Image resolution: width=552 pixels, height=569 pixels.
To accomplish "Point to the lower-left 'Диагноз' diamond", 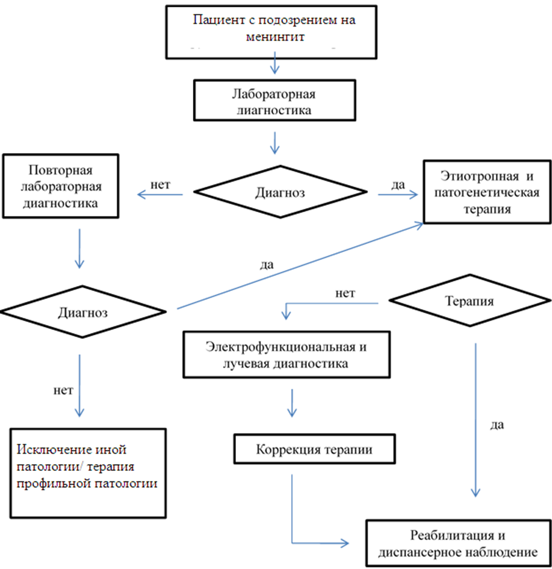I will tap(84, 312).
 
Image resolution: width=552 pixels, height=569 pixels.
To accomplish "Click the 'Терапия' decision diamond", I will tap(472, 302).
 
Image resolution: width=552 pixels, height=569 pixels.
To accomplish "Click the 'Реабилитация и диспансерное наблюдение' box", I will tap(458, 543).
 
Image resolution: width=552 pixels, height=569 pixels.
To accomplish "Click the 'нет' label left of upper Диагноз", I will tap(161, 184).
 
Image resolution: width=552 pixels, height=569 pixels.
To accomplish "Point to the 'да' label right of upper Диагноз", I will tap(398, 185).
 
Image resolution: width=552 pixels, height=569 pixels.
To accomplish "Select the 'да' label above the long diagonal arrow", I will tap(267, 264).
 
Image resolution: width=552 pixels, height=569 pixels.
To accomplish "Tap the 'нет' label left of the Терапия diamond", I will tap(345, 293).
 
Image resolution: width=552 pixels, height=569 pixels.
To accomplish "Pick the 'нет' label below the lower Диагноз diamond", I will tap(63, 391).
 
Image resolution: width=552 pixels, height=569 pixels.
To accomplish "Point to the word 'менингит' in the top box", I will tap(275, 38).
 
